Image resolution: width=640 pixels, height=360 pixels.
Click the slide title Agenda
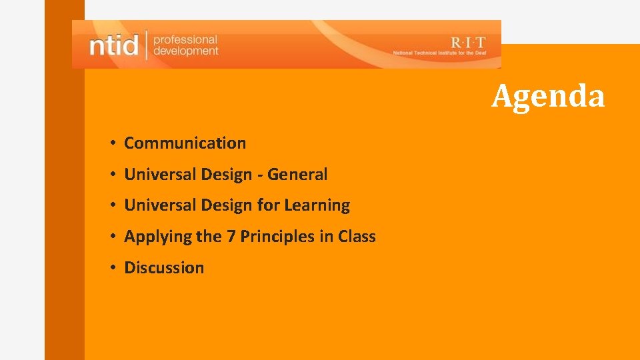point(548,95)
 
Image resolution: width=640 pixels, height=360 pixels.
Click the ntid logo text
point(113,45)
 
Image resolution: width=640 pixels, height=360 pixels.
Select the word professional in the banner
point(185,39)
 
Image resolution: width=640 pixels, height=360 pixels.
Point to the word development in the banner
point(185,51)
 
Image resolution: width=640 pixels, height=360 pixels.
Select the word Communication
point(185,143)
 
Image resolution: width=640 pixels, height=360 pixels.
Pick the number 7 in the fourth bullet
point(231,237)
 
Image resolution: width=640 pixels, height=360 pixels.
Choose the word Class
point(357,237)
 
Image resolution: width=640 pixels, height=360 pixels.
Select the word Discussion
point(164,268)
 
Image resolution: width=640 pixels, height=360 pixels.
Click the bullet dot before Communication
point(115,143)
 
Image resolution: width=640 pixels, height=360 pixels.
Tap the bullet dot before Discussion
point(115,268)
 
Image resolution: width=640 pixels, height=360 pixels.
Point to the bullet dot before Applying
point(115,237)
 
